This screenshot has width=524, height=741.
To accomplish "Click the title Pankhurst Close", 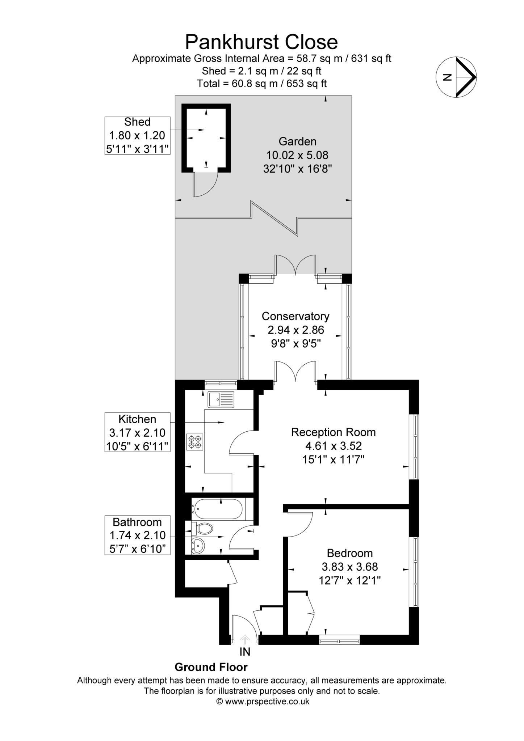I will [261, 42].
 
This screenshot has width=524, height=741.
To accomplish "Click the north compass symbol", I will [456, 77].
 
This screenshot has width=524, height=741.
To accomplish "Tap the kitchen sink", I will [221, 399].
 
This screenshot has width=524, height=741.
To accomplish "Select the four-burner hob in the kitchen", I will [195, 442].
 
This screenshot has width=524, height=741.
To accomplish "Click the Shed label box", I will [137, 135].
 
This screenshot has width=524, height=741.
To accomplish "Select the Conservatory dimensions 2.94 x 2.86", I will [295, 330].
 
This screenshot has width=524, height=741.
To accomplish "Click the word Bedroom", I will [349, 553].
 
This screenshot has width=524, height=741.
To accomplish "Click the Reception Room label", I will [333, 432].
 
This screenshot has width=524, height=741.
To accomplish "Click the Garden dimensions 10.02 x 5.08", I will [297, 155].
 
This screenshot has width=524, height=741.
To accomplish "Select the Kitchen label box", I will [137, 432].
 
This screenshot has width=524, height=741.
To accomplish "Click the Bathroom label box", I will [137, 535].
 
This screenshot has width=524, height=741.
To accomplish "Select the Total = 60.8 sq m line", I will [261, 84].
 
